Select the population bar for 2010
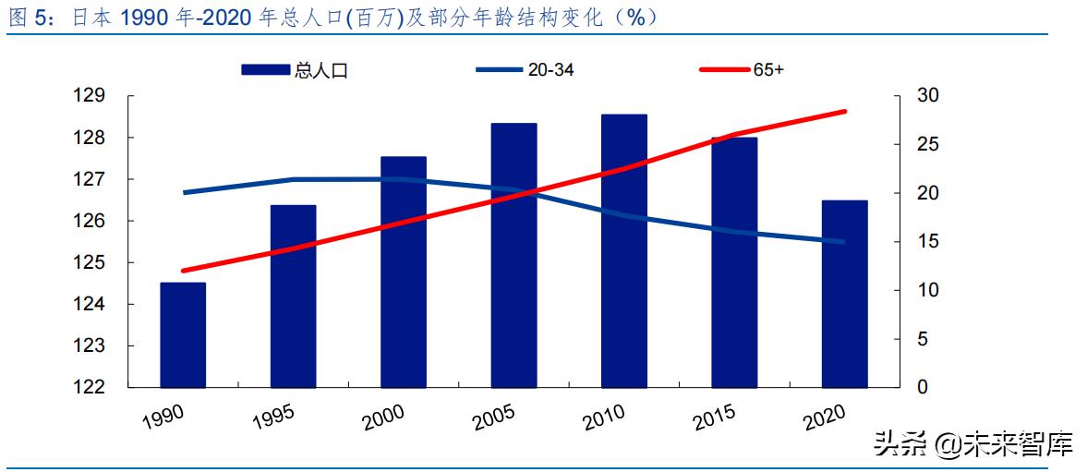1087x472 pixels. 624,250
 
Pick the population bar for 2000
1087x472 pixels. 404,272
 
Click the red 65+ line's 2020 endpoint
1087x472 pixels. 844,112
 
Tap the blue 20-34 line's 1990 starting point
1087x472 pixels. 184,192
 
